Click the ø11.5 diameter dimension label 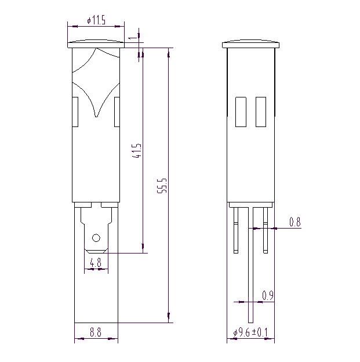96,20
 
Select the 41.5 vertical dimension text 137,151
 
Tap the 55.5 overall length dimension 162,186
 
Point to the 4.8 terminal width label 96,262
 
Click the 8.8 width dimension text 96,332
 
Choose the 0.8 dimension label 295,222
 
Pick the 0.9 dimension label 268,295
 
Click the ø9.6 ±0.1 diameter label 250,332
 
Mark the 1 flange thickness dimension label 133,38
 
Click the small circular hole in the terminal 96,238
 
